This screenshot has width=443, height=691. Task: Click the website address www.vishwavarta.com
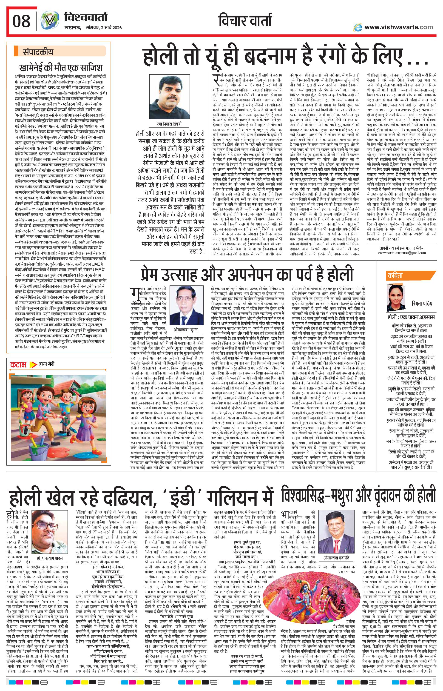[398, 27]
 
